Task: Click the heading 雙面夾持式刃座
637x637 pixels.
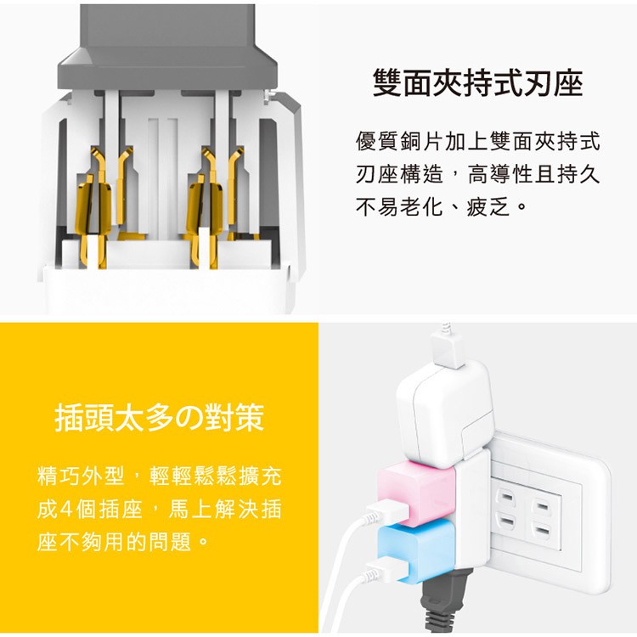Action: coord(477,83)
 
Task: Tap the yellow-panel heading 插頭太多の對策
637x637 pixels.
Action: coord(160,417)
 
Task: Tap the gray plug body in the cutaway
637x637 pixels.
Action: coord(167,45)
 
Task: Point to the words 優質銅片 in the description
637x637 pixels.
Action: coord(400,142)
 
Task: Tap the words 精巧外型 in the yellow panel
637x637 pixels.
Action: coord(82,476)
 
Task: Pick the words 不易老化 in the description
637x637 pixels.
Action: coord(400,207)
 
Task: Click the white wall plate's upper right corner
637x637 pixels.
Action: coord(608,460)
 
